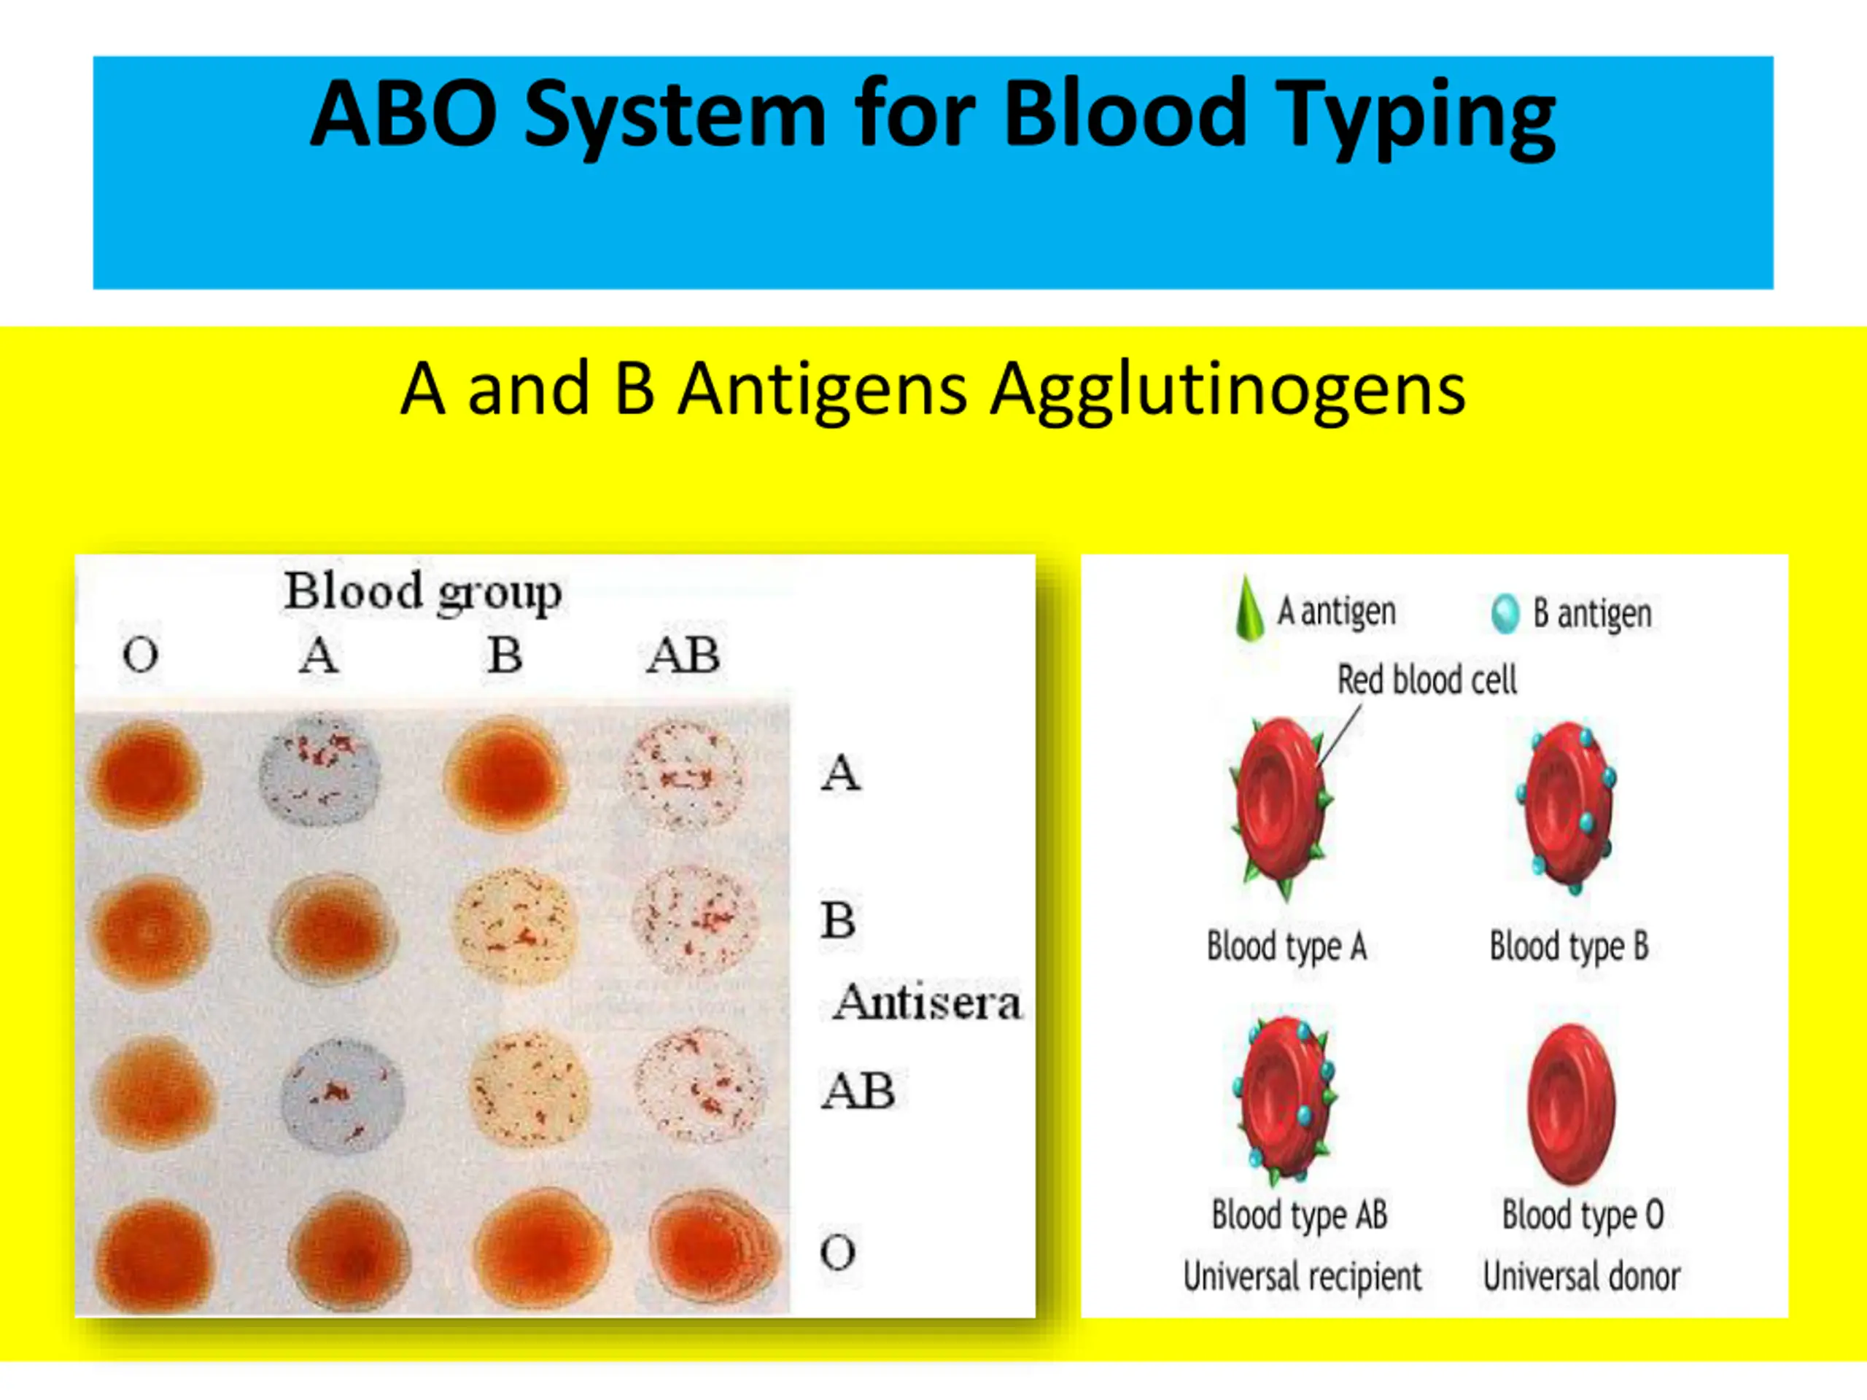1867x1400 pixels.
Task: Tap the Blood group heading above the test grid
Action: tap(422, 591)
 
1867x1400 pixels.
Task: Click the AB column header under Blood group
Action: tap(683, 655)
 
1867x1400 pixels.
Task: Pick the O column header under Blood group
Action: tap(140, 655)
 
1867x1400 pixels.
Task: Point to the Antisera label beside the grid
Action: tap(927, 1003)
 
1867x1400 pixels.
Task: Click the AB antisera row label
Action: tap(858, 1090)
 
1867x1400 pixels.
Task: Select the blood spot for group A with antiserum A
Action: tap(319, 771)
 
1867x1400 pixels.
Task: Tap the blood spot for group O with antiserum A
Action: tap(145, 774)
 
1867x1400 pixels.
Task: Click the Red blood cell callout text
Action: tap(1427, 680)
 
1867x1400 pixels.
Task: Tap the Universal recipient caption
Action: tap(1302, 1276)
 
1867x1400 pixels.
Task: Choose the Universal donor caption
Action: tap(1581, 1276)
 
